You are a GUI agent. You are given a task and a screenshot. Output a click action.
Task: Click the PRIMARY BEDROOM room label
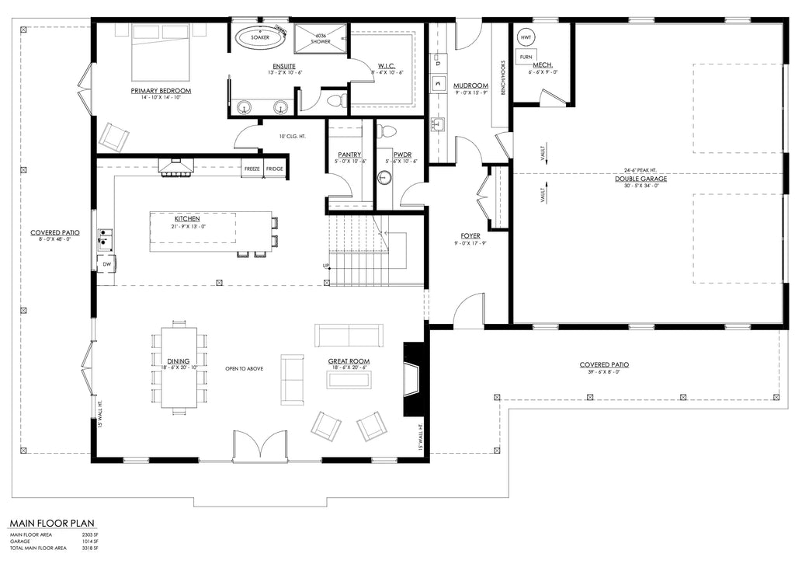161,91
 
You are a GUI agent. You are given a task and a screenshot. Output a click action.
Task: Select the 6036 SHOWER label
319,39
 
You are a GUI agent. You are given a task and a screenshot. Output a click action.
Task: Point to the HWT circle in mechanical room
526,37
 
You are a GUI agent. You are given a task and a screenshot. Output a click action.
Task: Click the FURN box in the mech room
526,57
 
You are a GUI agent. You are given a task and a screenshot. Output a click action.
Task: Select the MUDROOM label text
470,85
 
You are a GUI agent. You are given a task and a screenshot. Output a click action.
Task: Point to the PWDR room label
401,155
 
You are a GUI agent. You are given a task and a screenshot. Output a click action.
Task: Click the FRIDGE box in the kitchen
275,169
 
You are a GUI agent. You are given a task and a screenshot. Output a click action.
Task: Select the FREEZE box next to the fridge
252,169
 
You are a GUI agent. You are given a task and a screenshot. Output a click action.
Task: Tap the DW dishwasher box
106,264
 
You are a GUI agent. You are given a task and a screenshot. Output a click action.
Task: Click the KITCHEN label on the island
187,219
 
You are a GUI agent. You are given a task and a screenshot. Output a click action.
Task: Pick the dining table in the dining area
179,366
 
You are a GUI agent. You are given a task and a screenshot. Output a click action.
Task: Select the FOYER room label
470,235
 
